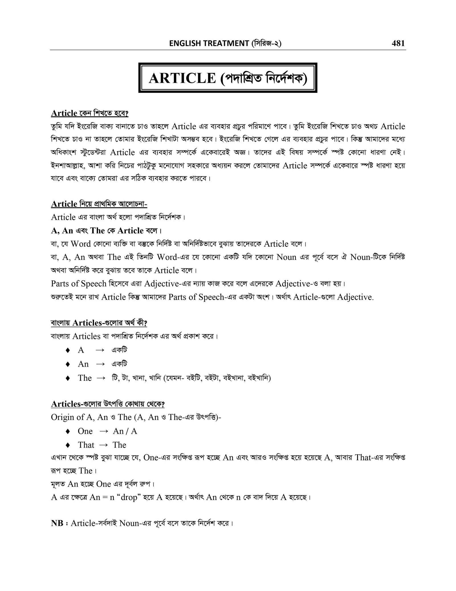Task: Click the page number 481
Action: (398, 43)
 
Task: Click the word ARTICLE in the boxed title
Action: (182, 78)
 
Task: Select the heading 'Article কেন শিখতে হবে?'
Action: (89, 113)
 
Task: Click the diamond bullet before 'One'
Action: (68, 431)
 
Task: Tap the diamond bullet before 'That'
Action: (68, 445)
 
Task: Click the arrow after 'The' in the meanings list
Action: (101, 378)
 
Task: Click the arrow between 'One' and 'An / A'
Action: (103, 431)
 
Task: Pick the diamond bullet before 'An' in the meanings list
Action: (68, 364)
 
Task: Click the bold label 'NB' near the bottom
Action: (57, 523)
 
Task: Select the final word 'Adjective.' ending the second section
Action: (355, 297)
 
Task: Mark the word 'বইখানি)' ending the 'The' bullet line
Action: (260, 378)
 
